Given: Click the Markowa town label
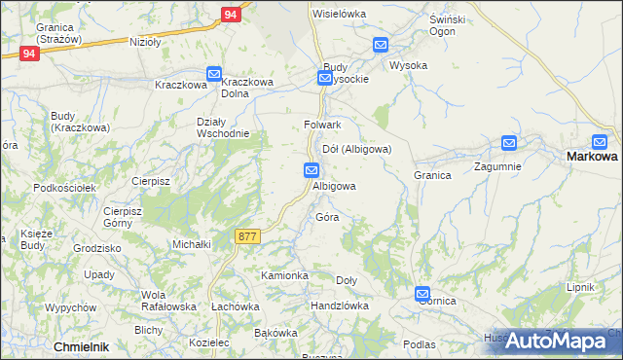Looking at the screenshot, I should click(592, 157).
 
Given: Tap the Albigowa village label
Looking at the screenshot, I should click(334, 186).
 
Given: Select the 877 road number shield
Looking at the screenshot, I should click(247, 235).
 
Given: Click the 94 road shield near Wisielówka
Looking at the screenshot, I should click(230, 15).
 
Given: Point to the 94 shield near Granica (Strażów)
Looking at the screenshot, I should click(29, 54).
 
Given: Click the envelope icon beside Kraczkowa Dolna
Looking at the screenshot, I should click(214, 74).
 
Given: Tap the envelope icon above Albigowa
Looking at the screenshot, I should click(311, 170).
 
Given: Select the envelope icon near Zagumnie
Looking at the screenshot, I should click(509, 143).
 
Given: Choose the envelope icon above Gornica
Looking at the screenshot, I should click(422, 293).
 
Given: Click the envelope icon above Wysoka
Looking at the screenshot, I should click(380, 45).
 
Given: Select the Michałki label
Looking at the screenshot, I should click(192, 244).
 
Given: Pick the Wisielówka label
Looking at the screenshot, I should click(338, 14).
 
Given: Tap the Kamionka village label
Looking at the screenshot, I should click(284, 276).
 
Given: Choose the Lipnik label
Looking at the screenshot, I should click(580, 288).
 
